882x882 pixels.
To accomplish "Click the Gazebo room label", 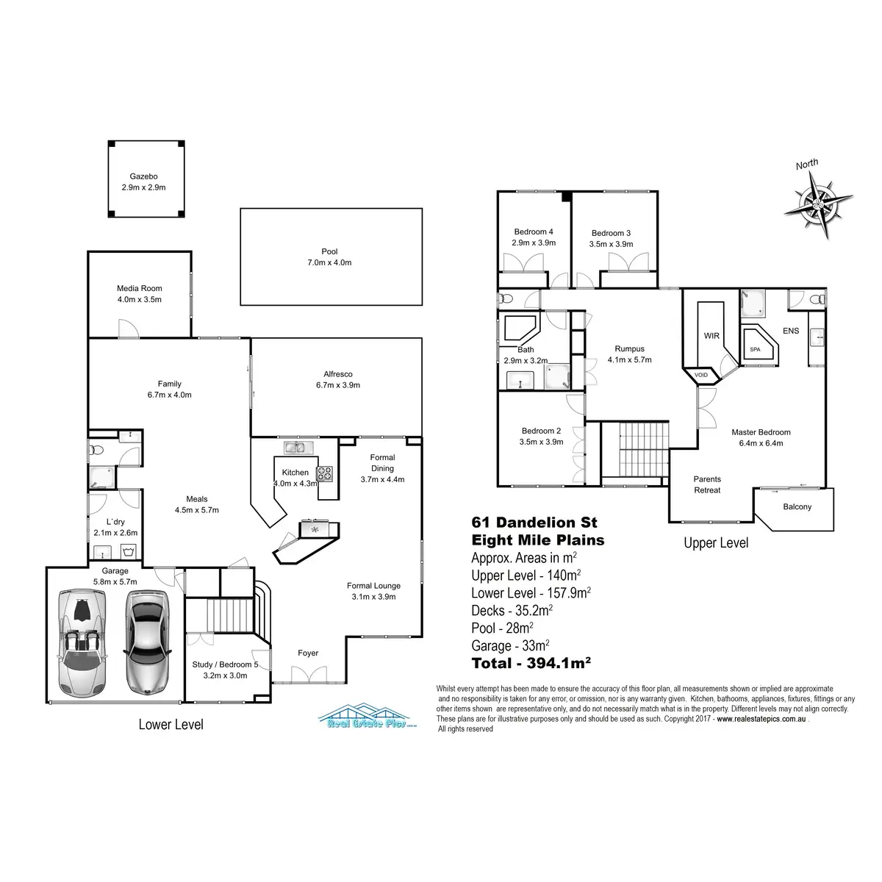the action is click(143, 176).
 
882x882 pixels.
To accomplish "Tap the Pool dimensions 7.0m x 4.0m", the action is click(331, 262).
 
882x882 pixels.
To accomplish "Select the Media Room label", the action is click(139, 288).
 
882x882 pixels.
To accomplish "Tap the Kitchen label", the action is click(295, 472).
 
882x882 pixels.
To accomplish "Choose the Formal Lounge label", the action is click(373, 586).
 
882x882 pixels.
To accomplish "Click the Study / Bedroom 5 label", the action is click(225, 665).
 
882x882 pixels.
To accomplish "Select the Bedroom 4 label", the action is click(533, 232).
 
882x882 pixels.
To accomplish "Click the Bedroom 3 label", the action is click(610, 233).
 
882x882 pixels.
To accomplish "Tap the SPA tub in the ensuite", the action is click(756, 350).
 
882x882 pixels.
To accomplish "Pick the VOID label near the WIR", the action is click(701, 375).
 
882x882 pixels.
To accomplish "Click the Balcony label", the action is click(797, 506).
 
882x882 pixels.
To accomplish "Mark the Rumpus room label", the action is click(629, 349).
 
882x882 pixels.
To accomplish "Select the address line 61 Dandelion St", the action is click(534, 523).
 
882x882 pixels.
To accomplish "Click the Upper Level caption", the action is click(715, 543).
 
